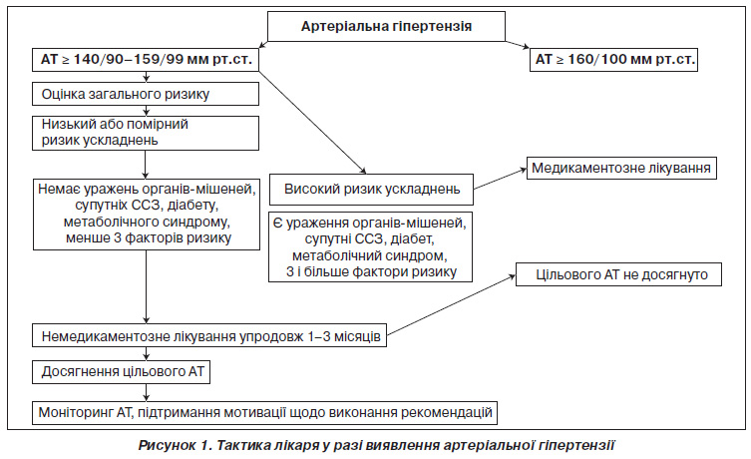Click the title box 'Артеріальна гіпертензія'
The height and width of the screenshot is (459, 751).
386,26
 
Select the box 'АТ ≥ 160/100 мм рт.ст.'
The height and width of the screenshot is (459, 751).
613,60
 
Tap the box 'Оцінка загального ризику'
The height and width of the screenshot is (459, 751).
146,94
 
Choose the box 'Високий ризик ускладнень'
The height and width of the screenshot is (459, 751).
371,190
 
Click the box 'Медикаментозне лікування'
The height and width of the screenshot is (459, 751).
621,169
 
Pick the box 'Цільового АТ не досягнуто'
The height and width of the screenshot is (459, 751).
618,274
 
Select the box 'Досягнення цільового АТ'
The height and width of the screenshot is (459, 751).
121,372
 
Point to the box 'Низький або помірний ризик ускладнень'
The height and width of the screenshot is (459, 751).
146,133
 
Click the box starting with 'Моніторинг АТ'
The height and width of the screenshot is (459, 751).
265,412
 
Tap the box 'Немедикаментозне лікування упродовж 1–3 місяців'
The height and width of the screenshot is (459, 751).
209,335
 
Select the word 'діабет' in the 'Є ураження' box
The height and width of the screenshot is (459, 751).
411,238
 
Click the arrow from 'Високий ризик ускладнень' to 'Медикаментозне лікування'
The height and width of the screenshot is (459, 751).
500,180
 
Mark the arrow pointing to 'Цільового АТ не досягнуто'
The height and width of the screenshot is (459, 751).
451,305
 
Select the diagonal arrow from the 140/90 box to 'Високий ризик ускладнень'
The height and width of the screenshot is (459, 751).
313,123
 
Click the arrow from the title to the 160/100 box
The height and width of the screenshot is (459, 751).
518,45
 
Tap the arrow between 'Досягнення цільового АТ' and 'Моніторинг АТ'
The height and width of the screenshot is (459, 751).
147,392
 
